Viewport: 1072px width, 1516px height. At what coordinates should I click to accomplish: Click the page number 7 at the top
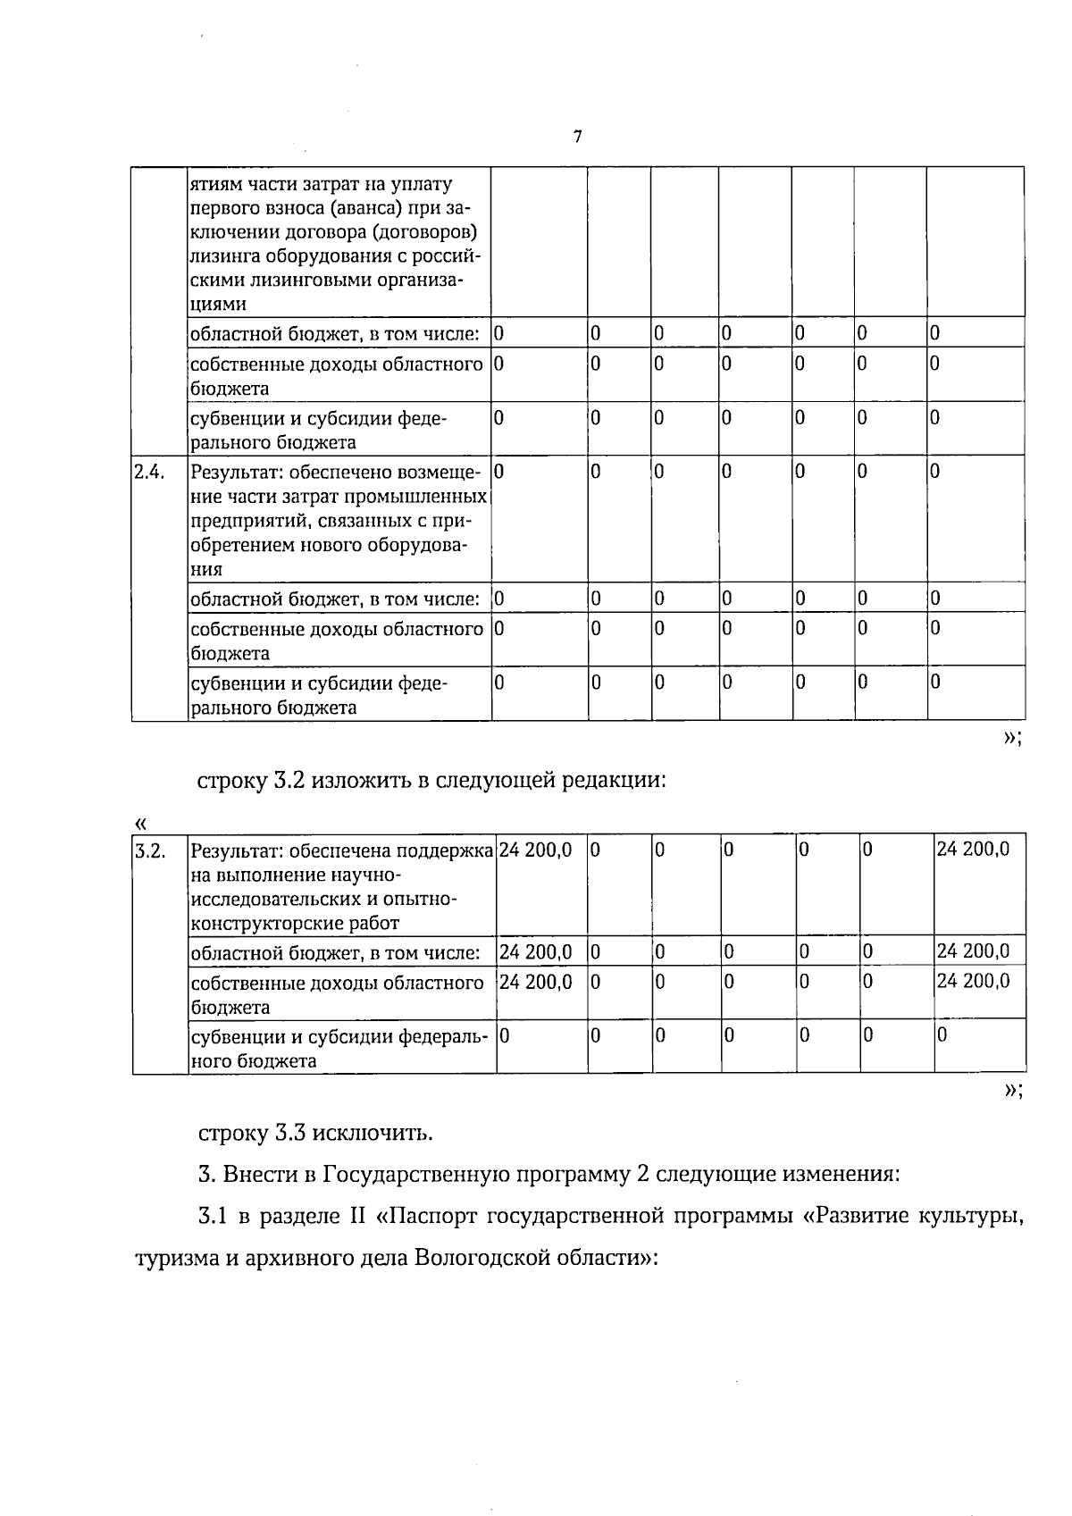[578, 137]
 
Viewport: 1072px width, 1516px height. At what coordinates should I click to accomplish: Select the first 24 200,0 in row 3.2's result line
[535, 850]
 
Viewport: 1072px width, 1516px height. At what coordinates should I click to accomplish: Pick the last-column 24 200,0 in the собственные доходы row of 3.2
[973, 980]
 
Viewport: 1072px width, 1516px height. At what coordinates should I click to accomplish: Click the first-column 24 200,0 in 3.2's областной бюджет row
[535, 951]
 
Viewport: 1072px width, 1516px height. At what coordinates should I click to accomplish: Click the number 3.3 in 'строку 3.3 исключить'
[289, 1134]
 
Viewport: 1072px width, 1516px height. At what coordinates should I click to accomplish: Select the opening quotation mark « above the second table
[138, 822]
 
